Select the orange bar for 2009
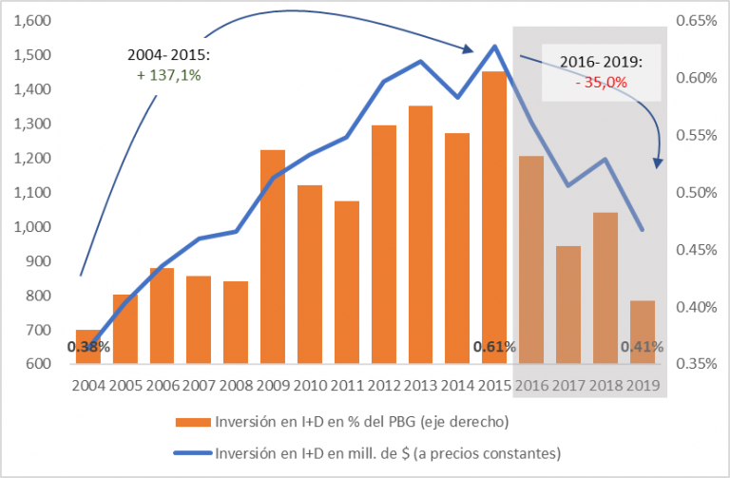pos(273,257)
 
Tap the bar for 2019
pos(643,332)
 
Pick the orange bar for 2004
pos(87,346)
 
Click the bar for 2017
pos(568,304)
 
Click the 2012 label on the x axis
pos(384,387)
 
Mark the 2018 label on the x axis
pos(605,387)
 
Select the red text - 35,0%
pos(601,83)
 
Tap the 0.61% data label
pos(494,347)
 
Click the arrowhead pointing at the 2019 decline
pos(657,164)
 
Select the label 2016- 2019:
pos(601,63)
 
